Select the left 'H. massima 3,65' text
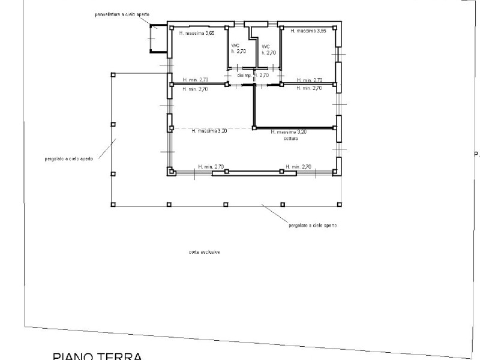(x=197, y=33)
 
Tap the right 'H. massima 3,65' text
(x=308, y=31)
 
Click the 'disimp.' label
(x=243, y=76)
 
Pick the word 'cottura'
(x=289, y=138)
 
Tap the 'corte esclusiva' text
(x=204, y=252)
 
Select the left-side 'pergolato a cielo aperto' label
(x=69, y=159)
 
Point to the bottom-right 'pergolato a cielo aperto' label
(x=313, y=225)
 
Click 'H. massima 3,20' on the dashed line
(x=209, y=130)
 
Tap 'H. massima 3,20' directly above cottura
(x=289, y=132)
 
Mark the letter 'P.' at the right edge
(x=476, y=154)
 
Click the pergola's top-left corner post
(x=113, y=74)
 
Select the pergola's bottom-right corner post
(x=341, y=204)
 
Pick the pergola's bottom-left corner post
(x=113, y=204)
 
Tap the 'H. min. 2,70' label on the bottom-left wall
(x=211, y=166)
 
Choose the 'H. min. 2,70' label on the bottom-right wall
(x=299, y=166)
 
